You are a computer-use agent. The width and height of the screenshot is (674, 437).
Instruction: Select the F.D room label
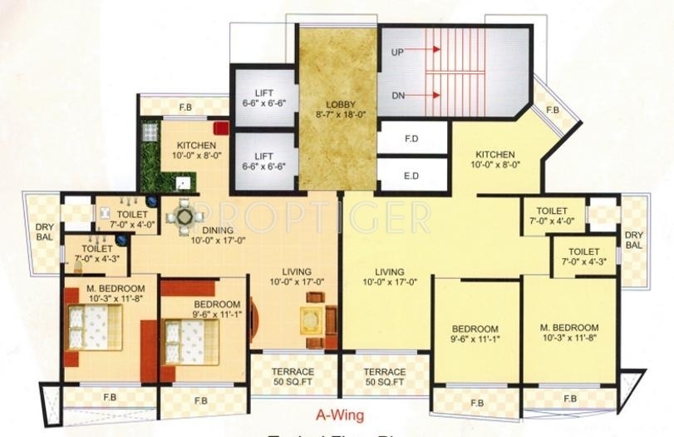tap(410, 137)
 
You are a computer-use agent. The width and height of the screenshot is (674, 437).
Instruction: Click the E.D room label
tap(410, 176)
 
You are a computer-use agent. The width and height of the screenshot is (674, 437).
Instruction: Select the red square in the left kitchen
tap(220, 129)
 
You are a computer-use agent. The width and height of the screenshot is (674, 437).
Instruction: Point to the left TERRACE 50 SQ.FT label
tap(293, 376)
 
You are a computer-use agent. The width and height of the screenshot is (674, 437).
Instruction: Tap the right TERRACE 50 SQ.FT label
tap(384, 376)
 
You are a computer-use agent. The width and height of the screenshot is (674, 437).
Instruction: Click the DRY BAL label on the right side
tap(633, 240)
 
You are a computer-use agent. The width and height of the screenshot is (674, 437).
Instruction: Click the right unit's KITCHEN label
tap(495, 159)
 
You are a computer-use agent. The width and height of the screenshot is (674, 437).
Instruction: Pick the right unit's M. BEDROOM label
tap(568, 333)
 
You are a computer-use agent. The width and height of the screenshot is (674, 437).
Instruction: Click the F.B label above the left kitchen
tap(184, 107)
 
